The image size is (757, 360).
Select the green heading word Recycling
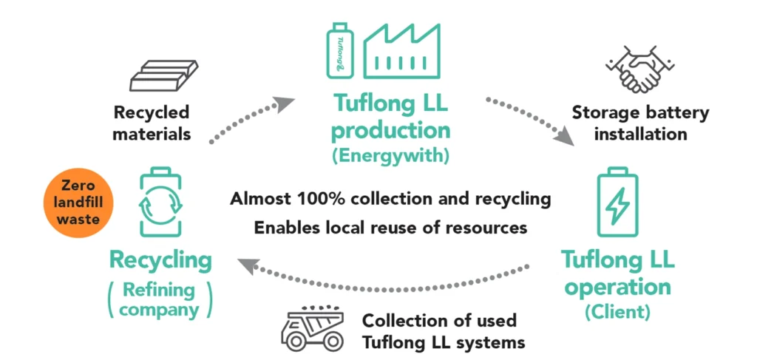tap(160, 260)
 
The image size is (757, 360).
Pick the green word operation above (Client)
tap(617, 286)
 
